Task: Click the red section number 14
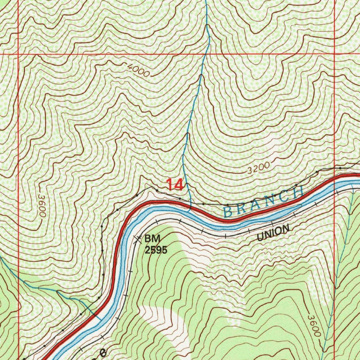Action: point(175,185)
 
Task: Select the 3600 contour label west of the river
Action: point(41,206)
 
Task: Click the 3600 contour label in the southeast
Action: point(314,326)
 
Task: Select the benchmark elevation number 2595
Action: point(155,250)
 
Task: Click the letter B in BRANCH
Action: point(228,212)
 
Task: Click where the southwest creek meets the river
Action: point(100,319)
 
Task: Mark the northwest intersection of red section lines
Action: point(18,54)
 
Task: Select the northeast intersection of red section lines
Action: point(334,54)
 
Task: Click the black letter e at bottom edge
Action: point(103,353)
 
